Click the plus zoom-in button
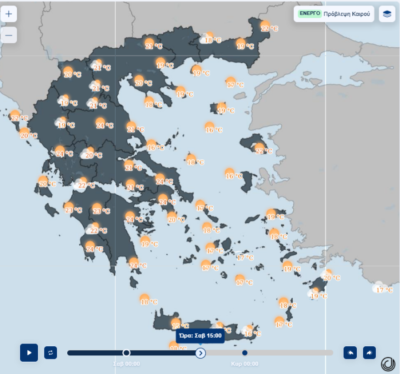coord(9,14)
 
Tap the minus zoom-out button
coord(9,35)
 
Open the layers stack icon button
coord(387,14)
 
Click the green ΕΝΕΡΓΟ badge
coord(310,14)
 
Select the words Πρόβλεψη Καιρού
coord(347,14)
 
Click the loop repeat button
coord(50,353)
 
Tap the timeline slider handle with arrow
coord(200,353)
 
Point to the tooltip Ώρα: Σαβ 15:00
coord(200,336)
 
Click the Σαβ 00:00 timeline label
coord(126,364)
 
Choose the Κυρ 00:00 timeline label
coord(245,364)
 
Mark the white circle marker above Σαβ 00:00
coord(126,353)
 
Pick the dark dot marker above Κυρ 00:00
coord(245,353)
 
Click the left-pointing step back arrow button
coord(350,353)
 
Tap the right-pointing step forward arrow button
coord(370,353)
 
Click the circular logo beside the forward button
coord(388,364)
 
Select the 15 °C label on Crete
coord(180,326)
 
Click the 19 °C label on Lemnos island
coord(226,111)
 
